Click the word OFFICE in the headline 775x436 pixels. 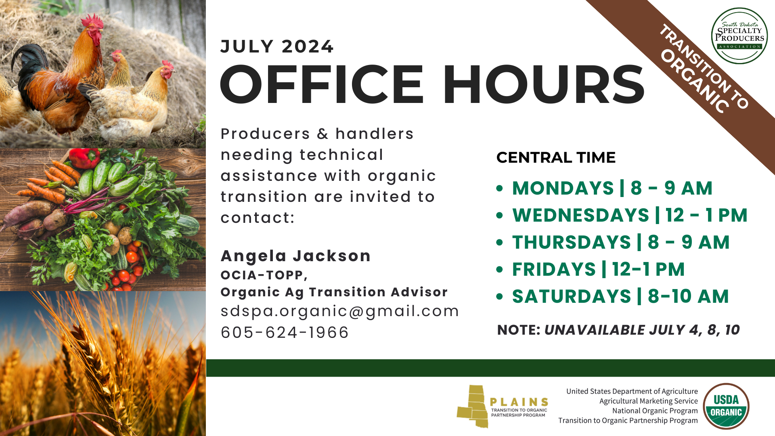click(322, 85)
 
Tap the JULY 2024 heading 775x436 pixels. click(277, 46)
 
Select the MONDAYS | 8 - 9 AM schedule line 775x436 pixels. click(612, 188)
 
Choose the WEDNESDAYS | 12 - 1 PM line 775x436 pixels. click(630, 215)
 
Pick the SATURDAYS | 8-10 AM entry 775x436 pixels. click(620, 296)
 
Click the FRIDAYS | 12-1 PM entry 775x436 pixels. click(598, 269)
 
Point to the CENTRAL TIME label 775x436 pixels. click(556, 157)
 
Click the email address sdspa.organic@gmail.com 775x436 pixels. click(340, 311)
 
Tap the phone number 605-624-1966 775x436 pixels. click(285, 332)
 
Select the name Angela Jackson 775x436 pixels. click(295, 256)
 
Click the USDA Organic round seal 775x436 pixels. click(726, 406)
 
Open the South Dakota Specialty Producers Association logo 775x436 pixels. click(739, 36)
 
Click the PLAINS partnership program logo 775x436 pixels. click(503, 407)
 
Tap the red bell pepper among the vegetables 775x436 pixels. click(84, 158)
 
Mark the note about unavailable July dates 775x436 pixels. click(618, 330)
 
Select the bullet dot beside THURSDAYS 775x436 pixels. click(500, 242)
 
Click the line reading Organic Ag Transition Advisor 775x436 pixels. click(334, 292)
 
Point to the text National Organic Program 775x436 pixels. click(655, 411)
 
